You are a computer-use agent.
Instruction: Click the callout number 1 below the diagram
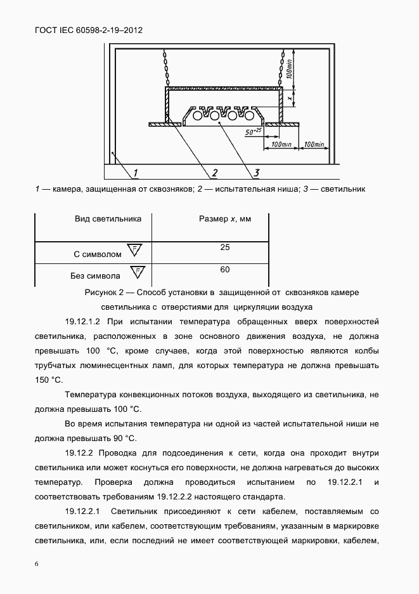[x=137, y=173]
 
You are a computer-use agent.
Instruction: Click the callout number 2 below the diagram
[x=214, y=173]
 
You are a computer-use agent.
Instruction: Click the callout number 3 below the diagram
[x=255, y=172]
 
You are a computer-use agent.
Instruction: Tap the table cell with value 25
[x=225, y=247]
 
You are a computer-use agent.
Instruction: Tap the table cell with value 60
[x=225, y=270]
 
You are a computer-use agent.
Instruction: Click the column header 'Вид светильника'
[x=108, y=219]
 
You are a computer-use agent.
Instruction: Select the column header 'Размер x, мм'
[x=225, y=219]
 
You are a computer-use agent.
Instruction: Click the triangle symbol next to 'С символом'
[x=134, y=249]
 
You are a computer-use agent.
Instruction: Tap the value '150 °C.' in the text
[x=48, y=379]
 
